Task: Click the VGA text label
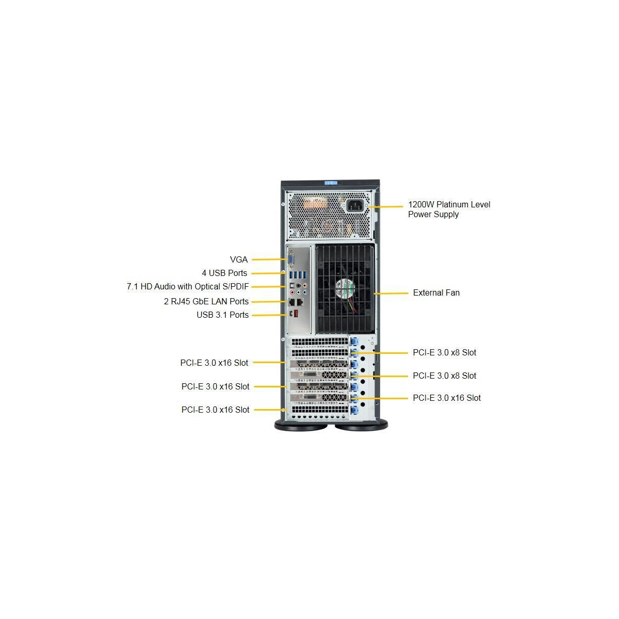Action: tap(239, 259)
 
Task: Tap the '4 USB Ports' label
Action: tap(224, 273)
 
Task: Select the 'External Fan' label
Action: tap(436, 292)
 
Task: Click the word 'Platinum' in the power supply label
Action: tap(451, 204)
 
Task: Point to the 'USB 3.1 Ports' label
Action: tap(223, 315)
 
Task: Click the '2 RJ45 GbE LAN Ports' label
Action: tap(206, 301)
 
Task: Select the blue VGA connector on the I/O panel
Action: tap(291, 260)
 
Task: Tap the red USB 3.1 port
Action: tap(297, 314)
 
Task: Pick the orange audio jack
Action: tap(304, 285)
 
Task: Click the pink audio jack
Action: tap(292, 292)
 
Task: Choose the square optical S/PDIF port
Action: tap(292, 285)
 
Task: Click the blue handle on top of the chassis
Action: tap(331, 183)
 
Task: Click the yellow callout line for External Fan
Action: tap(390, 294)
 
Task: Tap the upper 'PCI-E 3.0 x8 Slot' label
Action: tap(444, 352)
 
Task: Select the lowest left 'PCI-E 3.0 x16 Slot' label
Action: tap(215, 410)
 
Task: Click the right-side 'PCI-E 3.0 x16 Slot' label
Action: tap(447, 398)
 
